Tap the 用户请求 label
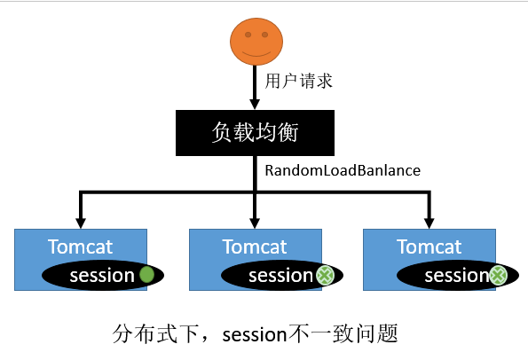point(299,82)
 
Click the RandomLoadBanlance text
point(342,168)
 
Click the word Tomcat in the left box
point(81,246)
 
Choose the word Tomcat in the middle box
point(255,246)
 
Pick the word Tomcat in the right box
point(429,246)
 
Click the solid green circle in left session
point(147,275)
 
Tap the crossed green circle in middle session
point(325,276)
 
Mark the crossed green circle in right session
point(499,276)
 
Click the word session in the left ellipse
point(102,275)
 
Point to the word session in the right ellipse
point(455,276)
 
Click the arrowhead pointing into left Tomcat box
point(81,221)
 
